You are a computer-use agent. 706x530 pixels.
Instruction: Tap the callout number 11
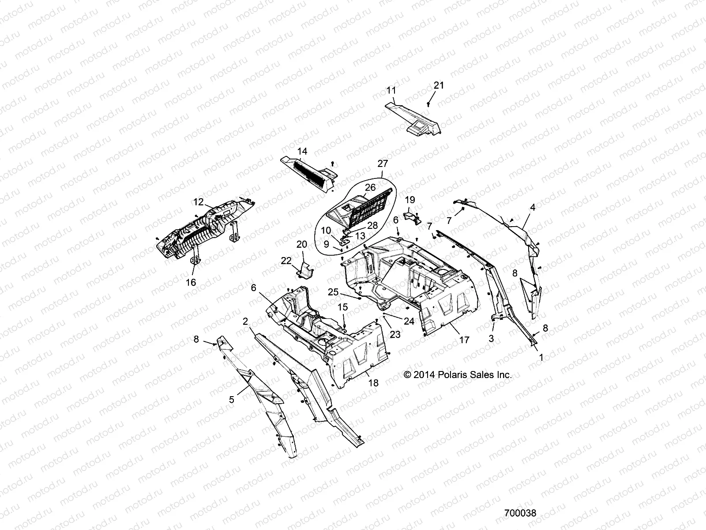(391, 91)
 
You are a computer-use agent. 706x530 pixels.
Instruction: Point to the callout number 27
(383, 163)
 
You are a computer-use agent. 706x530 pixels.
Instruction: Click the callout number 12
(198, 202)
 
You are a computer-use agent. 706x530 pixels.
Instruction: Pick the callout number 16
(191, 282)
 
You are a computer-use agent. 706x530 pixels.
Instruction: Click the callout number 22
(286, 261)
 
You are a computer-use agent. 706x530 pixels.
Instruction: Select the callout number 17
(464, 340)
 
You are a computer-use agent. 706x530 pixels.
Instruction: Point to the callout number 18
(373, 383)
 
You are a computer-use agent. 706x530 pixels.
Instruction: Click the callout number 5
(232, 399)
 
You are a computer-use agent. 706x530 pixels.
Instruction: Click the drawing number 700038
(520, 513)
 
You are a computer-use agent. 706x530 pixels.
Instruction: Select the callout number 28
(373, 226)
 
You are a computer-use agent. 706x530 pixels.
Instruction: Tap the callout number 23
(395, 334)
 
